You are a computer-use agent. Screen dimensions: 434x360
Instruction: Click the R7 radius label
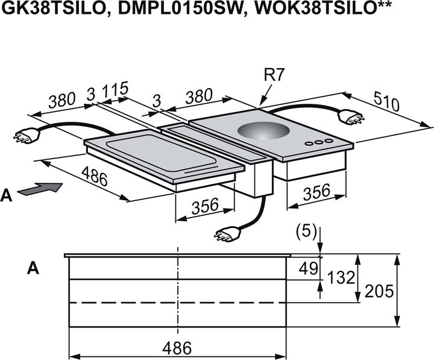[x=274, y=75]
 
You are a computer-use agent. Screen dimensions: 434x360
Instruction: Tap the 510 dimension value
[x=386, y=101]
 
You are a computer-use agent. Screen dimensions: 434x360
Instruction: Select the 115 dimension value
[x=115, y=90]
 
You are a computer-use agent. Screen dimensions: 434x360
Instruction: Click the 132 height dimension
[x=341, y=277]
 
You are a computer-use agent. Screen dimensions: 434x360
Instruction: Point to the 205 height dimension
[x=379, y=291]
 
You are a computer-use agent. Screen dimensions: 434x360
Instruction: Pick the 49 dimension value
[x=309, y=268]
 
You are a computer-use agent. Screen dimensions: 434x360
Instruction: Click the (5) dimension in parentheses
[x=306, y=232]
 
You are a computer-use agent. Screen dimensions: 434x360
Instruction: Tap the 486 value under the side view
[x=177, y=348]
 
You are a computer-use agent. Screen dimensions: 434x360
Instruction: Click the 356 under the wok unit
[x=316, y=192]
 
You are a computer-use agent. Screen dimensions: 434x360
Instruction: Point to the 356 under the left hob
[x=205, y=206]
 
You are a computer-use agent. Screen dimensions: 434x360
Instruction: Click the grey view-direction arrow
[x=40, y=189]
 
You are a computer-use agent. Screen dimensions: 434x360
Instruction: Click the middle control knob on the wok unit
[x=319, y=142]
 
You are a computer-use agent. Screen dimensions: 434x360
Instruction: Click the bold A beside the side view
[x=33, y=268]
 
